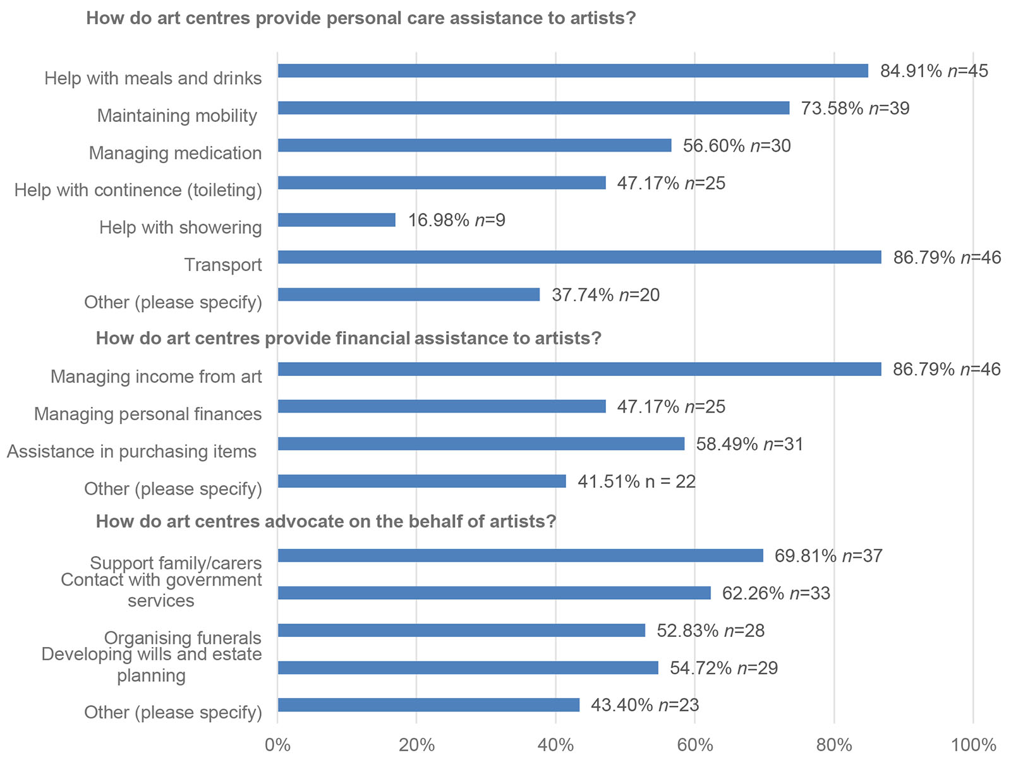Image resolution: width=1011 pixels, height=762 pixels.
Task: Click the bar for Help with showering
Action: coord(336,220)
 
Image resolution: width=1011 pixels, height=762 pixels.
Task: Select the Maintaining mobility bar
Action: coord(533,108)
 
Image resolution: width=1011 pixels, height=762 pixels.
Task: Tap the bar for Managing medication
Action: coord(474,145)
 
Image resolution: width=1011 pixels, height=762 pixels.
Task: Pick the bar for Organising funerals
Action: coord(461,631)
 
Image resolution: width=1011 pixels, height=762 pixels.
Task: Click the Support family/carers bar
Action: coord(520,555)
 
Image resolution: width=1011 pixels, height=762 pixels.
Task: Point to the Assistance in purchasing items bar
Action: coord(481,444)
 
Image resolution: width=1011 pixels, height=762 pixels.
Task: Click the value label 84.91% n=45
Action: coord(934,71)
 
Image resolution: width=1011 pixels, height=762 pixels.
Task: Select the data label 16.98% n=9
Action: coord(456,220)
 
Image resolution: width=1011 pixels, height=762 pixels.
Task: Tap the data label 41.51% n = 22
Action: coord(636,481)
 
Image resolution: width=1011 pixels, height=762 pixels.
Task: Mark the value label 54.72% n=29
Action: coord(723,668)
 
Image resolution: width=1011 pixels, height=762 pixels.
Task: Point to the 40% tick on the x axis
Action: coord(555,746)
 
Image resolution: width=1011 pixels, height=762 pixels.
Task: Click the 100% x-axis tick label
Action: coord(973,746)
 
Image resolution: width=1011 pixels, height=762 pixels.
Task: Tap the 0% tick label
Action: coord(277,746)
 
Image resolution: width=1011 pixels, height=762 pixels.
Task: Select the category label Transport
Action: coord(223,265)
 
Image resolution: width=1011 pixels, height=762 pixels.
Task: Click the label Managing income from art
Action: coord(156,377)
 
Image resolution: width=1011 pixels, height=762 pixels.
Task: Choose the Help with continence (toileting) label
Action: coord(138,190)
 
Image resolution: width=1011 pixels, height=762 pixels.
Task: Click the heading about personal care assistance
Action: coord(361,18)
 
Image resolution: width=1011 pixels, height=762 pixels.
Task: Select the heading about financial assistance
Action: coord(348,339)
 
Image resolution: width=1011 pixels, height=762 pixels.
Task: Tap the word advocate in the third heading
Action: coord(305,522)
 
